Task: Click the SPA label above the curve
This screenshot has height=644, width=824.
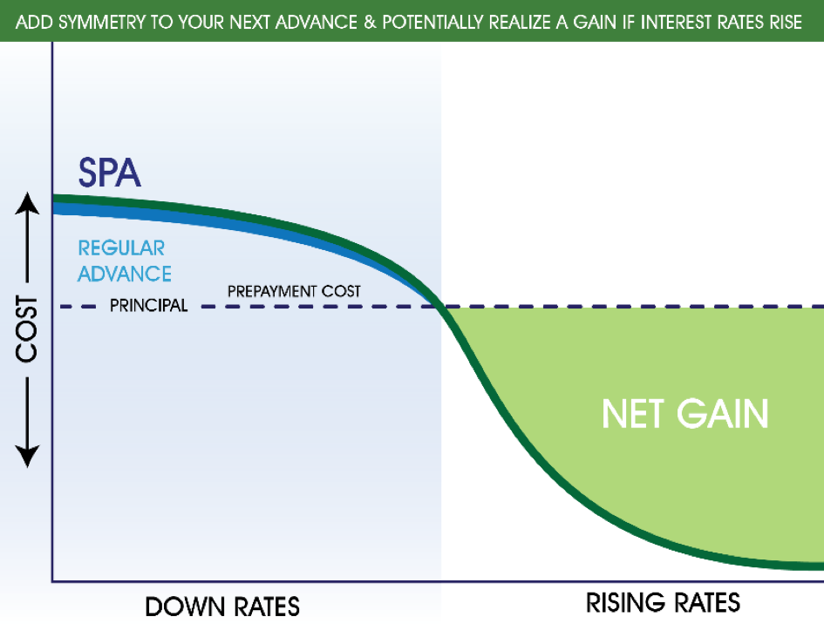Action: [x=110, y=173]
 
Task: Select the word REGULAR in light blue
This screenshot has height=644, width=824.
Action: [x=121, y=248]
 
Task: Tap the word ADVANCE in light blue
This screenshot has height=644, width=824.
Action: [x=125, y=274]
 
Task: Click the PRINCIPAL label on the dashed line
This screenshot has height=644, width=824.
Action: [x=149, y=305]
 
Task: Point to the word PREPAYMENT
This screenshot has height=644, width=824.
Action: [x=272, y=291]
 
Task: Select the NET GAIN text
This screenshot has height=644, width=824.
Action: [x=684, y=414]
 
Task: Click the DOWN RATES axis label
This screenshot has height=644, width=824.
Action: [x=222, y=607]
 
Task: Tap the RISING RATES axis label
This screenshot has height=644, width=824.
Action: [x=664, y=602]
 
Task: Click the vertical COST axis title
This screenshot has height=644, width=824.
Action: [x=26, y=329]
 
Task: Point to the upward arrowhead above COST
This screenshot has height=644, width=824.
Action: [x=27, y=203]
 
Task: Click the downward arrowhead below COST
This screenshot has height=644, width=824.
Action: [x=27, y=456]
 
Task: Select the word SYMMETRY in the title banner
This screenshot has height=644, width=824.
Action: [x=102, y=22]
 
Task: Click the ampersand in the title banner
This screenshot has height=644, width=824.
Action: [x=370, y=22]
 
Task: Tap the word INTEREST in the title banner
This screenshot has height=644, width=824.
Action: [x=682, y=22]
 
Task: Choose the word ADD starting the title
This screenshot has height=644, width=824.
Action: [x=35, y=22]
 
